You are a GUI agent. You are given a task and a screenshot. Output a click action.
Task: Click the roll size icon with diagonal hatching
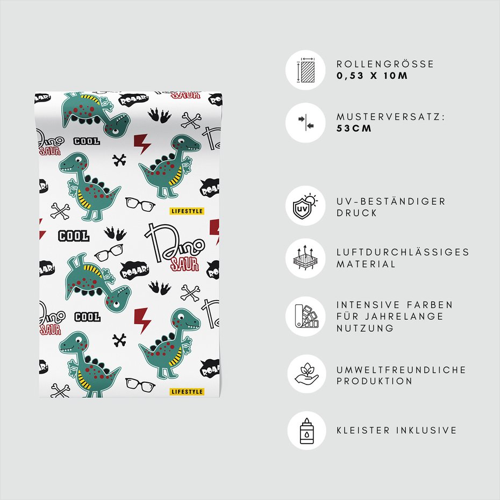pyautogui.click(x=306, y=70)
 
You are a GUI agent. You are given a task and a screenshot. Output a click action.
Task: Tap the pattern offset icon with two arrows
pyautogui.click(x=306, y=123)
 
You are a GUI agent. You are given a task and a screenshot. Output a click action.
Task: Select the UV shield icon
pyautogui.click(x=305, y=206)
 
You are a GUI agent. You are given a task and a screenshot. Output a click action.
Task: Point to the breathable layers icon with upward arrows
pyautogui.click(x=305, y=258)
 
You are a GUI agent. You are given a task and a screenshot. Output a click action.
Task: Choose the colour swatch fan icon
pyautogui.click(x=306, y=316)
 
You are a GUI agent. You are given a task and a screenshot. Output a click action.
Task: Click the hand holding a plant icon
pyautogui.click(x=306, y=374)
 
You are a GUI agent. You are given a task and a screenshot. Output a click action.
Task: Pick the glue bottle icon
pyautogui.click(x=307, y=431)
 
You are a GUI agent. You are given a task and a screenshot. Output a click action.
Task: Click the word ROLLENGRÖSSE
pyautogui.click(x=385, y=64)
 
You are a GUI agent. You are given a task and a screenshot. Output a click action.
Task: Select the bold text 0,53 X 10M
pyautogui.click(x=372, y=76)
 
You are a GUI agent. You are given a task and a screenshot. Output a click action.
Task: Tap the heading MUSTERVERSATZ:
pyautogui.click(x=391, y=117)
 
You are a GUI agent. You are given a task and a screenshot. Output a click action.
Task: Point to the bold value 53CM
pyautogui.click(x=354, y=128)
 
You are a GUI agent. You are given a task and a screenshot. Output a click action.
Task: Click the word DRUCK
pyautogui.click(x=357, y=213)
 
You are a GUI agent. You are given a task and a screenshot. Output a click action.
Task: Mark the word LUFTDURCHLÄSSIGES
pyautogui.click(x=403, y=252)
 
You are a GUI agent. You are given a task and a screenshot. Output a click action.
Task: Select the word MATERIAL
pyautogui.click(x=366, y=264)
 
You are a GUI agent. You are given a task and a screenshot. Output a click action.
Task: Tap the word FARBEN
pyautogui.click(x=430, y=305)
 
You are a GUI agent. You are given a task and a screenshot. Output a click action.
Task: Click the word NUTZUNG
pyautogui.click(x=366, y=328)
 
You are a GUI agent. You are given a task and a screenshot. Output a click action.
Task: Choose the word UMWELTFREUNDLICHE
pyautogui.click(x=402, y=370)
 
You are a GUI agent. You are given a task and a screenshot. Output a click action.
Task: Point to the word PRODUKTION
pyautogui.click(x=374, y=381)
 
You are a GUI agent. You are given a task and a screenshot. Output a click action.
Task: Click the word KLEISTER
pyautogui.click(x=363, y=431)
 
